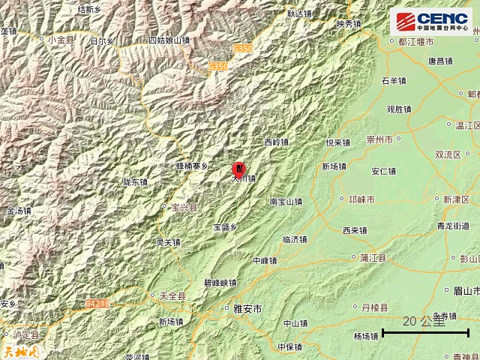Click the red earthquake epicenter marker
pos(239,168)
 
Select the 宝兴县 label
pos(183,206)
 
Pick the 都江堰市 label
pos(422,43)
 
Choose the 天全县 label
pos(171,296)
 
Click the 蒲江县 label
pos(372,257)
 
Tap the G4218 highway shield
pos(97,304)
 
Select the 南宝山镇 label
pos(286,201)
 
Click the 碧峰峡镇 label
pos(220,283)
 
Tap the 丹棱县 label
pos(374,307)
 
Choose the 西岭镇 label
pos(276,141)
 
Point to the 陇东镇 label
pos(135,181)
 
